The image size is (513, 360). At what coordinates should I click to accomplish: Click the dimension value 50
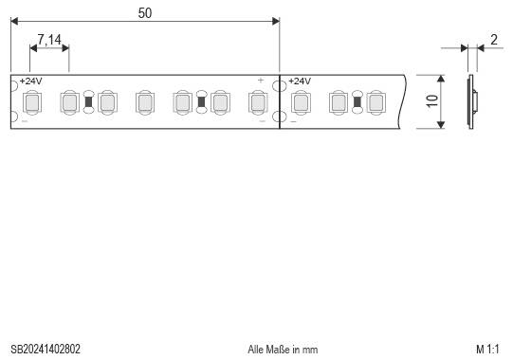[144, 12]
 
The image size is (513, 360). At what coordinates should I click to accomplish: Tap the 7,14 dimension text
[48, 41]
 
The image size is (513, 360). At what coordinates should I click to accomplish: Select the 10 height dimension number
[431, 102]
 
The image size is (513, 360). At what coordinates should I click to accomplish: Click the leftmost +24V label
[31, 81]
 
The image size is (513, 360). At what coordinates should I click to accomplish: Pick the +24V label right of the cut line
[300, 81]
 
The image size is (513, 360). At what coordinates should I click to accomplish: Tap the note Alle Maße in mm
[283, 350]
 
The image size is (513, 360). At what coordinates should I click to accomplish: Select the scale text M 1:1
[487, 350]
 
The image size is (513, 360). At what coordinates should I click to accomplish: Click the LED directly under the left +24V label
[31, 101]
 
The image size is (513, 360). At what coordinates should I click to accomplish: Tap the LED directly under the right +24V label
[300, 101]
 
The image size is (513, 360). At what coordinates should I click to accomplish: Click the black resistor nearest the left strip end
[88, 101]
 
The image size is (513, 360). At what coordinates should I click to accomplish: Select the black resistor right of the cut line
[357, 101]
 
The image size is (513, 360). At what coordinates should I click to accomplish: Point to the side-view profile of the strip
[472, 101]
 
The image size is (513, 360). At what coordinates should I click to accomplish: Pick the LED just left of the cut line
[257, 101]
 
